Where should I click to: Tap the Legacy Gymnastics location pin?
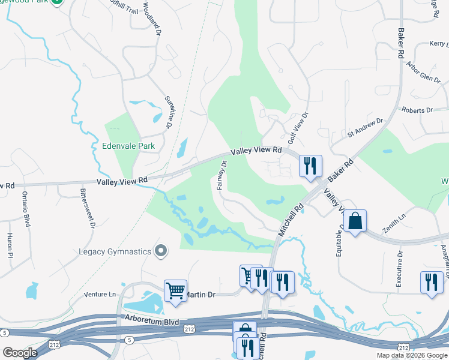(x=160, y=251)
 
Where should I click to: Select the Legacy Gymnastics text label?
(x=113, y=251)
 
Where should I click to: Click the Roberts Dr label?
(x=417, y=110)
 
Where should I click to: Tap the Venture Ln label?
(x=99, y=294)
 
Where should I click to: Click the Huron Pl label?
(x=10, y=246)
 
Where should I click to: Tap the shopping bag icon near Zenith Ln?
(x=355, y=221)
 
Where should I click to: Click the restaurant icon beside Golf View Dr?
(x=310, y=166)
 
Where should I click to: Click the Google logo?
(x=20, y=352)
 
